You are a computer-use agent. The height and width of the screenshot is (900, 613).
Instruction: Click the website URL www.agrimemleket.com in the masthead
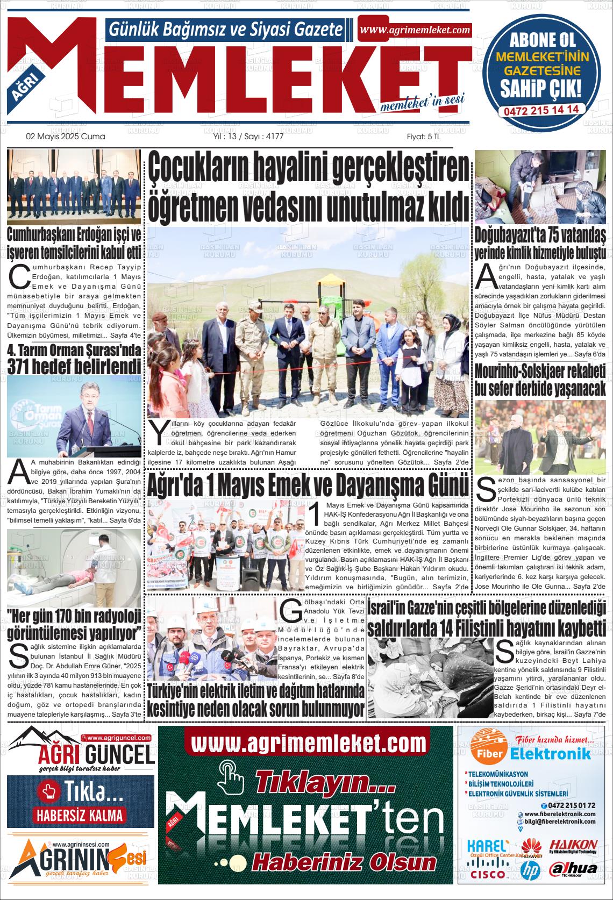[x=415, y=30]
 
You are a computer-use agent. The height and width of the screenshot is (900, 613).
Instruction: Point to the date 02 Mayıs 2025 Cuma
[x=66, y=137]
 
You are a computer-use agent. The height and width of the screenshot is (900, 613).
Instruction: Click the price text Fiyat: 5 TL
[x=423, y=137]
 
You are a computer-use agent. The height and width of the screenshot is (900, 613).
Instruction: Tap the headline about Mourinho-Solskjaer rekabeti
[x=540, y=380]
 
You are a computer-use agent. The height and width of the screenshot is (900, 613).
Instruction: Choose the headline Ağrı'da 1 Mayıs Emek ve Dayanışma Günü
[x=309, y=485]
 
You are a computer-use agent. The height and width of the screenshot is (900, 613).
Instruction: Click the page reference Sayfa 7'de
[x=590, y=714]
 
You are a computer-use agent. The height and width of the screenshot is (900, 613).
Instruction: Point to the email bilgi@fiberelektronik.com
[x=559, y=822]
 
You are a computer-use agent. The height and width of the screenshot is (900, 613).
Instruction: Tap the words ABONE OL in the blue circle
[x=541, y=40]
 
